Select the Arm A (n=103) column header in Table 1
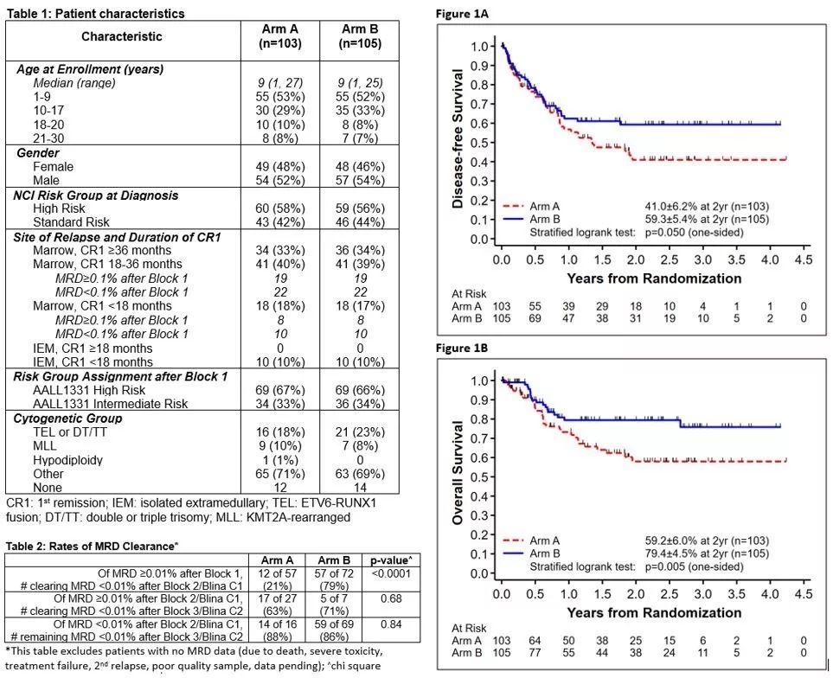(x=273, y=36)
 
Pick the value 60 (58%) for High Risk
(x=273, y=208)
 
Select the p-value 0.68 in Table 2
(x=383, y=604)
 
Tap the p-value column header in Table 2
(x=383, y=559)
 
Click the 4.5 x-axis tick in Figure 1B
(x=802, y=595)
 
